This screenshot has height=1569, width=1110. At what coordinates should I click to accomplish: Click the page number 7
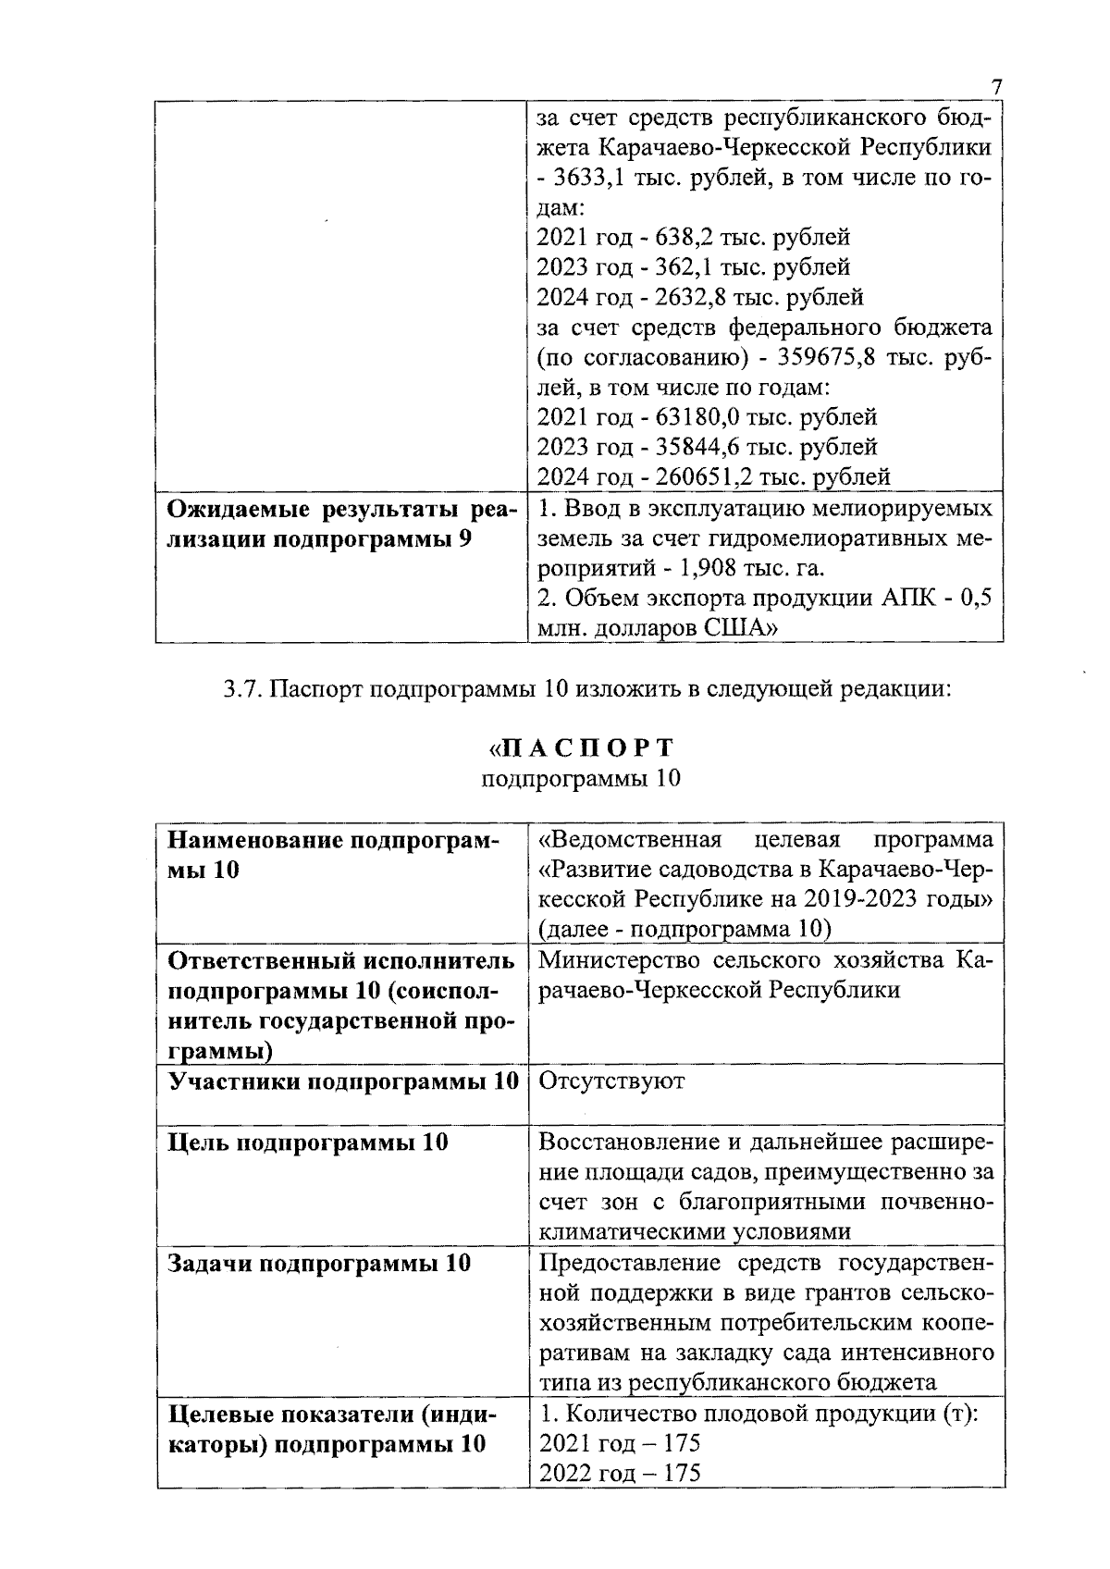[x=996, y=88]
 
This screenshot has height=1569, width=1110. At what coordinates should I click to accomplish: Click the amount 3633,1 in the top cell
[x=591, y=178]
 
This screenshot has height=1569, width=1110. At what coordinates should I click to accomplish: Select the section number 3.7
[x=243, y=691]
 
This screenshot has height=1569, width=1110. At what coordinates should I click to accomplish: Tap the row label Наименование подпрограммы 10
[x=333, y=855]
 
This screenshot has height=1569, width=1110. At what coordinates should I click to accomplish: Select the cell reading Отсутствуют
[x=611, y=1081]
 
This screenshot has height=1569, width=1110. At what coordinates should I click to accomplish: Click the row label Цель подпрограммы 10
[x=307, y=1143]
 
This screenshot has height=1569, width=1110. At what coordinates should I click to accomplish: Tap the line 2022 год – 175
[x=620, y=1473]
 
